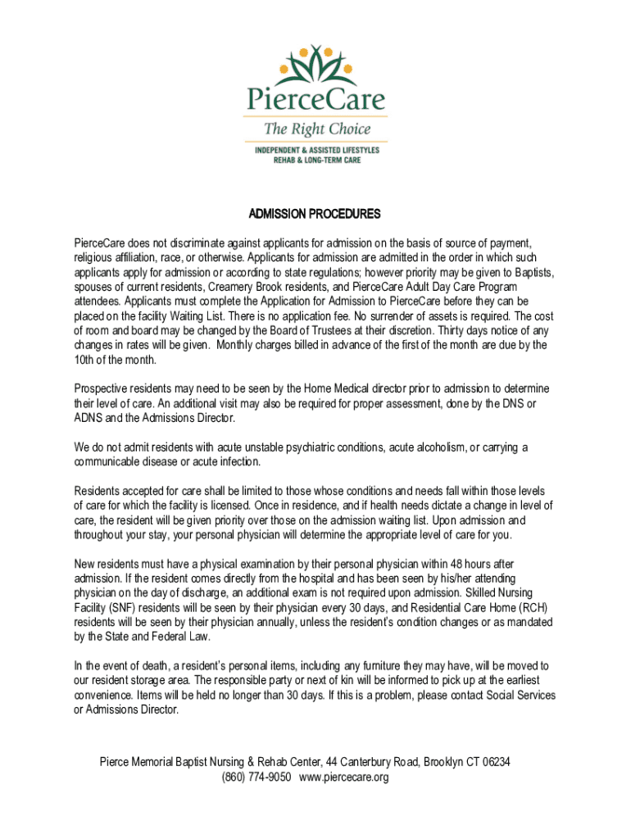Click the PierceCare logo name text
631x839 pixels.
click(x=315, y=101)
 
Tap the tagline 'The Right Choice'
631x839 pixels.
click(x=316, y=129)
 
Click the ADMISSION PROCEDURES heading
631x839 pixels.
click(x=315, y=215)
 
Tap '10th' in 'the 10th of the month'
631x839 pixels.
click(x=85, y=360)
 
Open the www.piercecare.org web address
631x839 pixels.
click(x=344, y=777)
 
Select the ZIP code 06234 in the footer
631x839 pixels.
click(x=497, y=762)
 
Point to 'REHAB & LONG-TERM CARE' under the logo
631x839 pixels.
click(x=316, y=161)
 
